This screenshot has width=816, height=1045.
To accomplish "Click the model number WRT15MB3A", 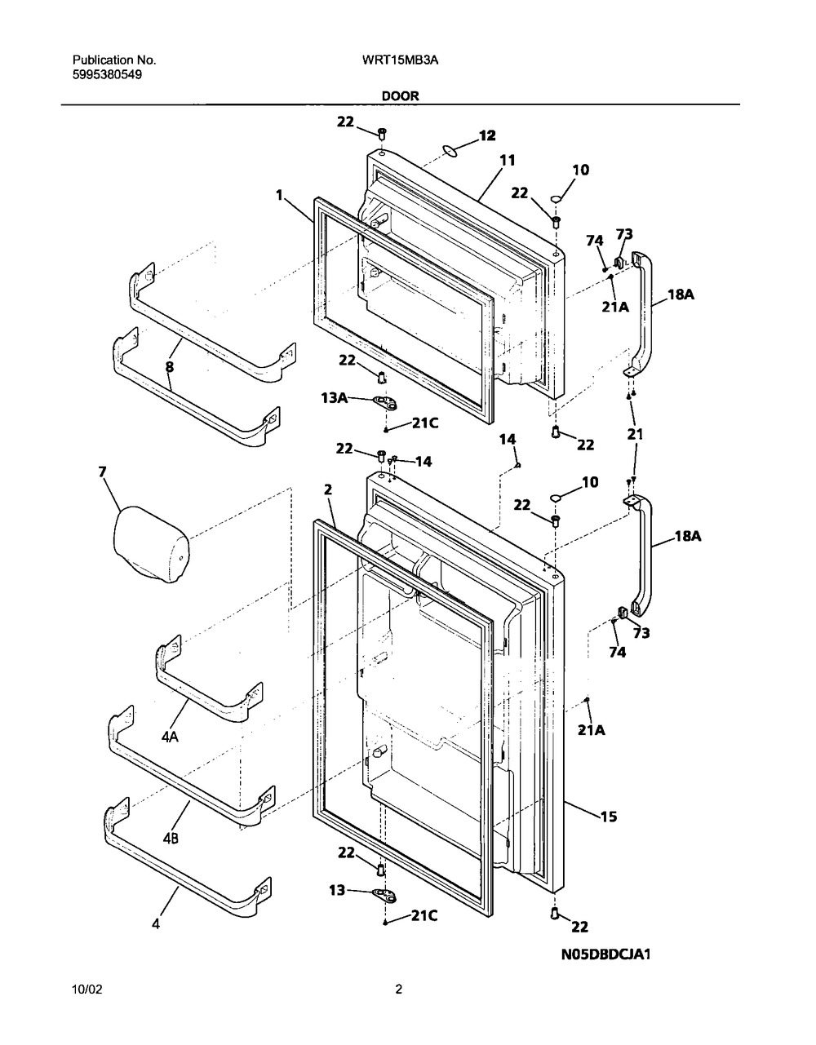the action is click(400, 60).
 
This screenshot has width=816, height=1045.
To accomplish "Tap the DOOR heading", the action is click(400, 96).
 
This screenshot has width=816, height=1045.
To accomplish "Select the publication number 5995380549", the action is click(107, 75).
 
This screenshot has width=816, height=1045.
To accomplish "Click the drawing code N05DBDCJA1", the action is click(605, 954).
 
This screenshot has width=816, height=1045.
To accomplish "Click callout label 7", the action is click(102, 472).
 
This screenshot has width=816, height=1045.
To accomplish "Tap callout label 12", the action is click(487, 135).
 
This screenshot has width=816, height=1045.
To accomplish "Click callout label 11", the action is click(507, 160).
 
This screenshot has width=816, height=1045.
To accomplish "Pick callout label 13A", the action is click(335, 398).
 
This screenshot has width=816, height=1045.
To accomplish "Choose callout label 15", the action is click(609, 816).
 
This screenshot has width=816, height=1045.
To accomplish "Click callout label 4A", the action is click(170, 736).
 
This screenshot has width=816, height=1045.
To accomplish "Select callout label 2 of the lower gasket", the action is click(328, 490).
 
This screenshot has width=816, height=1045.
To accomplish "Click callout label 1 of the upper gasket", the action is click(279, 195).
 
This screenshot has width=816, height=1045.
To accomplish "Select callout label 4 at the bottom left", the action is click(156, 923).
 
